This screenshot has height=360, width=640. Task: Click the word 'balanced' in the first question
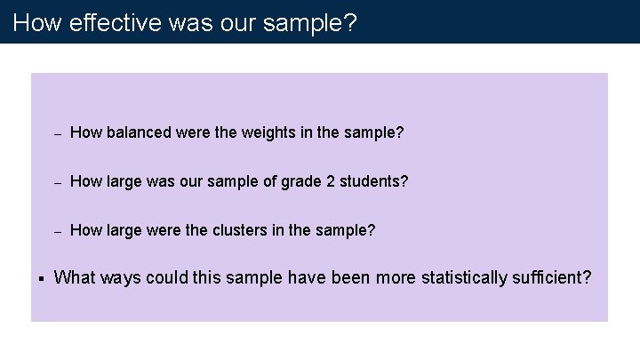pyautogui.click(x=137, y=133)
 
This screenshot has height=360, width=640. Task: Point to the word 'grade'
pyautogui.click(x=303, y=181)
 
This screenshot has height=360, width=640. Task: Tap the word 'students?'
pyautogui.click(x=375, y=181)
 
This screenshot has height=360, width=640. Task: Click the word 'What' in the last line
pyautogui.click(x=75, y=277)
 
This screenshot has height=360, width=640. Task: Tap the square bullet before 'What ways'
pyautogui.click(x=41, y=278)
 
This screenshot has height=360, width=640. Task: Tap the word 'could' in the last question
pyautogui.click(x=168, y=277)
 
